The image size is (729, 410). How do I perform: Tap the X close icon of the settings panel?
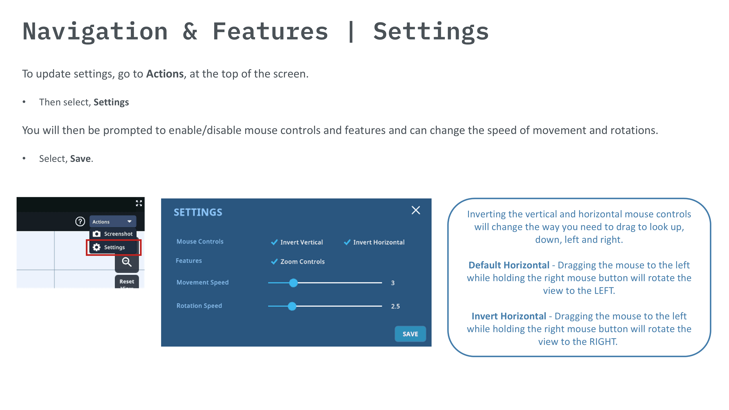coord(416,210)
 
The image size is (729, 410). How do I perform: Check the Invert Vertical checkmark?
coord(274,242)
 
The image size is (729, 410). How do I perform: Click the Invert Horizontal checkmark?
coord(347,242)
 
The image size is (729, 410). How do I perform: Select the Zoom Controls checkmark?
coord(274,261)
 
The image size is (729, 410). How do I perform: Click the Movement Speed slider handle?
coord(293,283)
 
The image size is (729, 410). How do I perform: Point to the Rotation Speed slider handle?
coord(292,306)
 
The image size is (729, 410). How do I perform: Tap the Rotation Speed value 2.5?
coord(395,306)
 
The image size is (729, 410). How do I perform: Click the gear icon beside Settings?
coord(97,247)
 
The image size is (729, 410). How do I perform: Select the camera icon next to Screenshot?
coord(97,234)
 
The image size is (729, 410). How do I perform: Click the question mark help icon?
coord(80,221)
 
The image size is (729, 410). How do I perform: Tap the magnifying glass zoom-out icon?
coord(126,262)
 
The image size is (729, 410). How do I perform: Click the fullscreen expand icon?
coord(139,203)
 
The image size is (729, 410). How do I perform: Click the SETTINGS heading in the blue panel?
coord(198,212)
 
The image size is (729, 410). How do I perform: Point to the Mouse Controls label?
coord(200,241)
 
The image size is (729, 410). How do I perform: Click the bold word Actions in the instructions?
coord(165,74)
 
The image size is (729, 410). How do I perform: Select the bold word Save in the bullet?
coord(80,159)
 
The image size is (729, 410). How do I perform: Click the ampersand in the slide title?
coord(190,31)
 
